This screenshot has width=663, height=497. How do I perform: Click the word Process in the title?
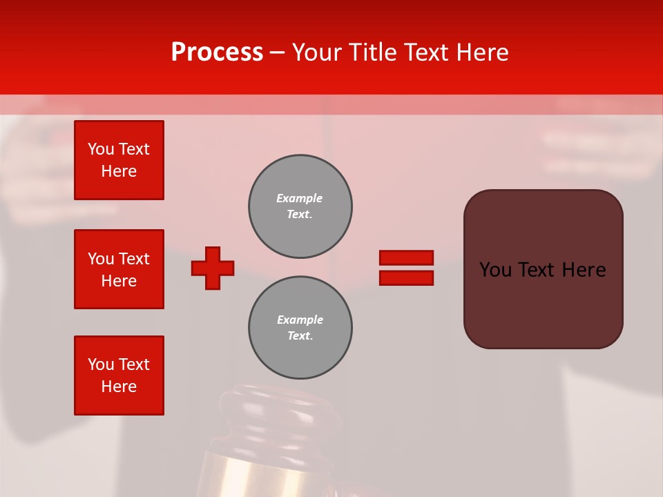point(217,52)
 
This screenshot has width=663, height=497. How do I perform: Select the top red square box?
point(119,160)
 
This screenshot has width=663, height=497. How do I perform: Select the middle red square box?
point(119,269)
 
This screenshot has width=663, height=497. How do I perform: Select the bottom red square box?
point(119,376)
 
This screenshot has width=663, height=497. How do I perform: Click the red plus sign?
point(213,268)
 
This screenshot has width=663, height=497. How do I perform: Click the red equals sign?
point(406,268)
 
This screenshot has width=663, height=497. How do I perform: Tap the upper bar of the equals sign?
point(406,258)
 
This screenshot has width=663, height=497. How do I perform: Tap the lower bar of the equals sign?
point(406,277)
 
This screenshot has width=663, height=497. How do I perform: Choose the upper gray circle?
point(300,206)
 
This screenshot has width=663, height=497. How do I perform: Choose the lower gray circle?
point(300,328)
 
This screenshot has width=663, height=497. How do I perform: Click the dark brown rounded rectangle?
point(543,304)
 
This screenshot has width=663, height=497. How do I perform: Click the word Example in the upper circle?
point(299,198)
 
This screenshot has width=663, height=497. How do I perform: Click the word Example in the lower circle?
point(300,320)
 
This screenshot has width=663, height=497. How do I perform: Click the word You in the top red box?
point(100,149)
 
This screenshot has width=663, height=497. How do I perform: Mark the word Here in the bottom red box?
point(119,387)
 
